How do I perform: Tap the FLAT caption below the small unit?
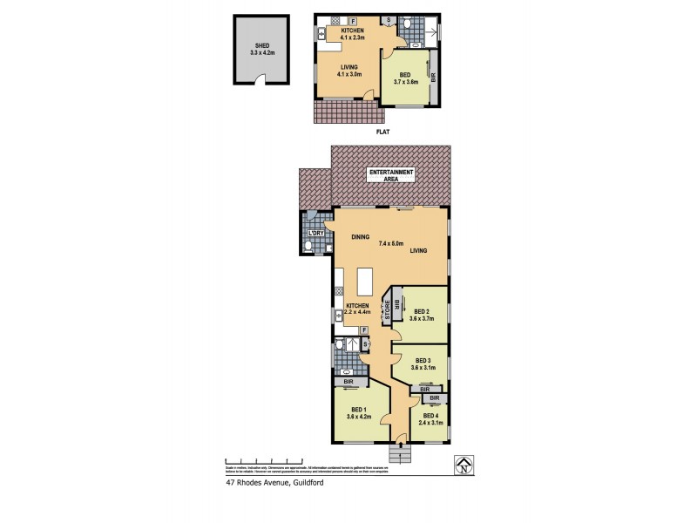pyautogui.click(x=382, y=132)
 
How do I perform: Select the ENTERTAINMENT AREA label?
pyautogui.click(x=391, y=174)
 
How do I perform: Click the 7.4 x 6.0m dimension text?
pyautogui.click(x=391, y=243)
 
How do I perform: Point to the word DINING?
pyautogui.click(x=361, y=237)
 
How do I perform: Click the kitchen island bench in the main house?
pyautogui.click(x=366, y=282)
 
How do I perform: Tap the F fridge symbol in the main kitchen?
pyautogui.click(x=364, y=330)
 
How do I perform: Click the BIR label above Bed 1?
pyautogui.click(x=348, y=382)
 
